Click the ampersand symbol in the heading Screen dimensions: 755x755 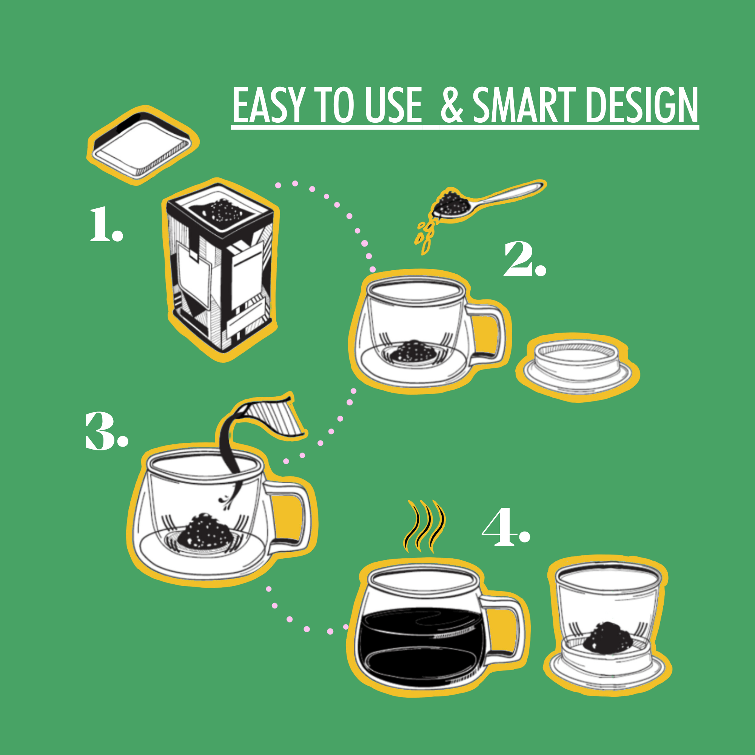click(x=452, y=106)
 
